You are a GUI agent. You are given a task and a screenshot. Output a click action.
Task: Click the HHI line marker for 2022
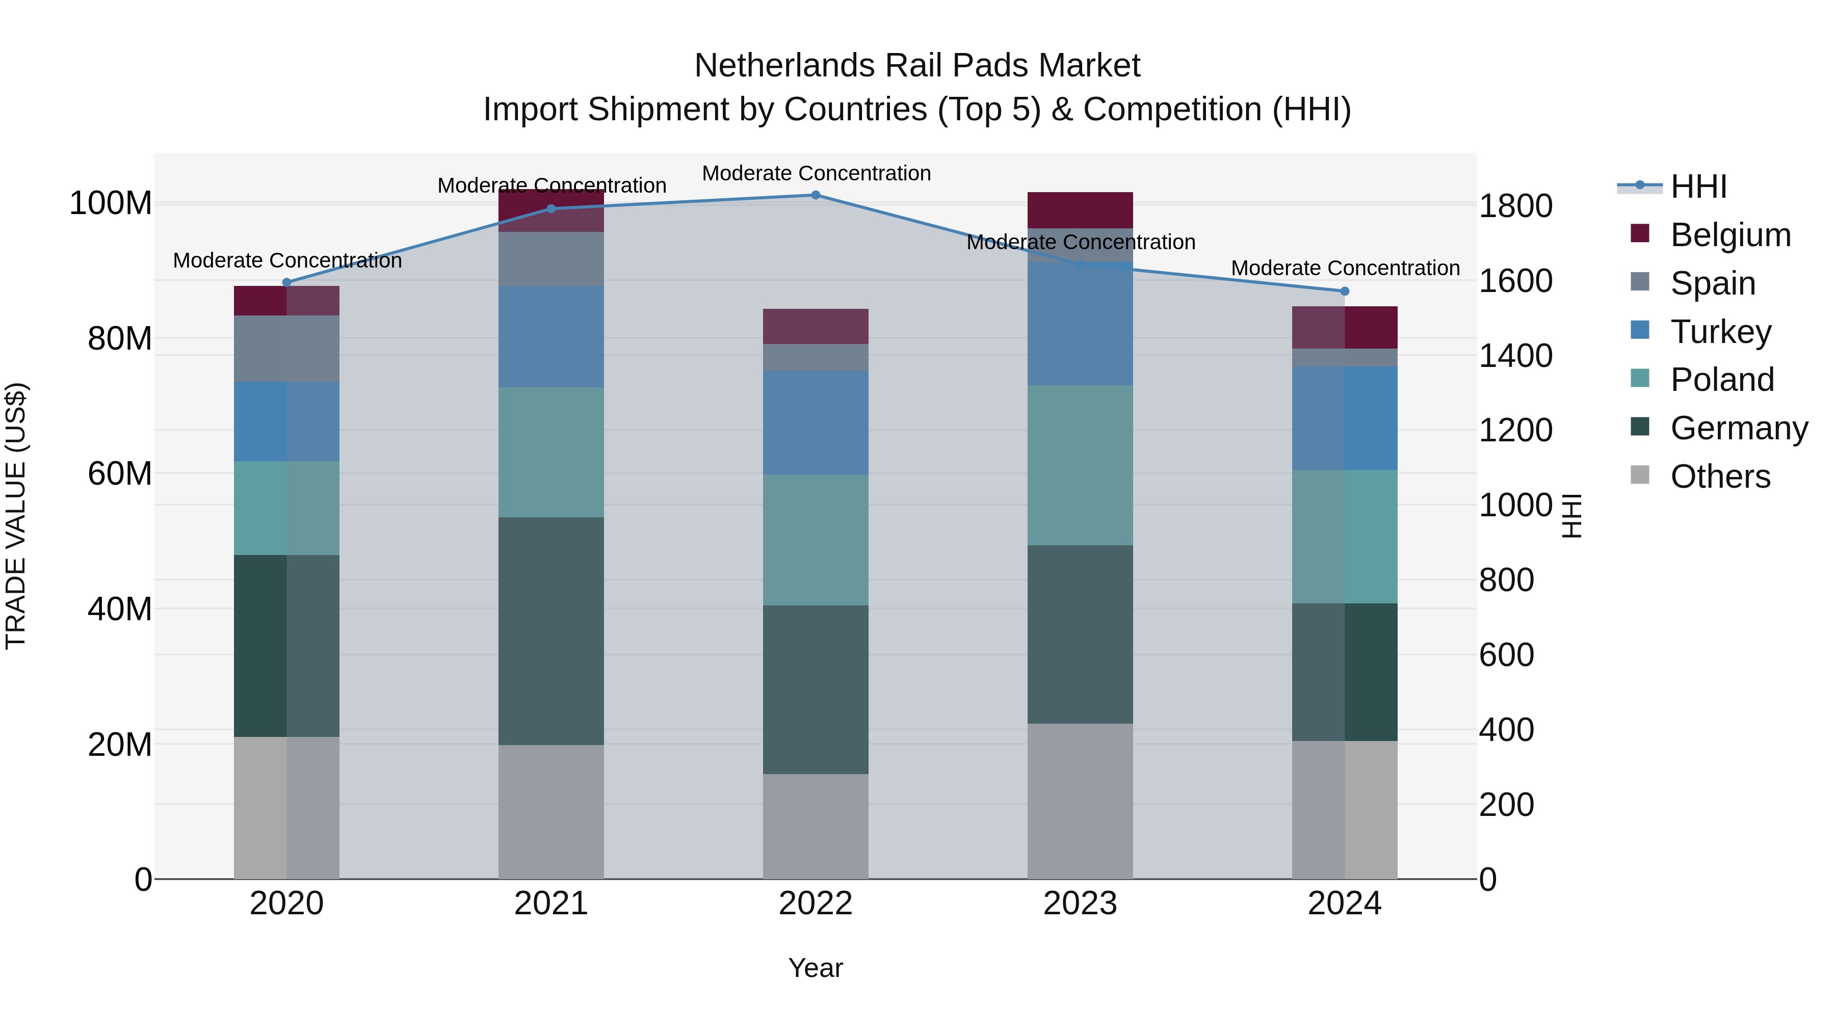point(816,195)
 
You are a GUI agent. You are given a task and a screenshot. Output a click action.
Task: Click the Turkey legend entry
point(1720,332)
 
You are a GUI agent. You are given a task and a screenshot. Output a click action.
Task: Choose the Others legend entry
point(1720,477)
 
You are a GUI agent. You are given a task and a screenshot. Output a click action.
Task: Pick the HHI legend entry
point(1698,187)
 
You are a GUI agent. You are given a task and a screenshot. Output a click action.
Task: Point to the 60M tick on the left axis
point(120,473)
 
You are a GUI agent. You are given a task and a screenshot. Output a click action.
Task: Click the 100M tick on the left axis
point(111,204)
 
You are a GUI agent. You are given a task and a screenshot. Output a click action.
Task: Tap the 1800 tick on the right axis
point(1516,206)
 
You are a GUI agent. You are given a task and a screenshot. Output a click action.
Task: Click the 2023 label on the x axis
point(1080,904)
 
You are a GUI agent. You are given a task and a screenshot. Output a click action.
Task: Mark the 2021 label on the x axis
point(550,904)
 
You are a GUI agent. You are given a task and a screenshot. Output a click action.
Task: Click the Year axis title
point(816,968)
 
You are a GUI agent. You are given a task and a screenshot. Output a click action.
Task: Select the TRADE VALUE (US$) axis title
point(16,516)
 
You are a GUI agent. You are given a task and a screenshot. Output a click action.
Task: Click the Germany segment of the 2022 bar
point(816,690)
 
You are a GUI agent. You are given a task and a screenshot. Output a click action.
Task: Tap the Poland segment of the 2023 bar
point(1080,465)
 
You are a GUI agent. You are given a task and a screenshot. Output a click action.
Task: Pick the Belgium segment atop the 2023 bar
point(1080,210)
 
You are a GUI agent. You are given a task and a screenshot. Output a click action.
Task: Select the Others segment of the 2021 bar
point(550,812)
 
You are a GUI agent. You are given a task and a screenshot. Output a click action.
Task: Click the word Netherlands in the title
point(785,66)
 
